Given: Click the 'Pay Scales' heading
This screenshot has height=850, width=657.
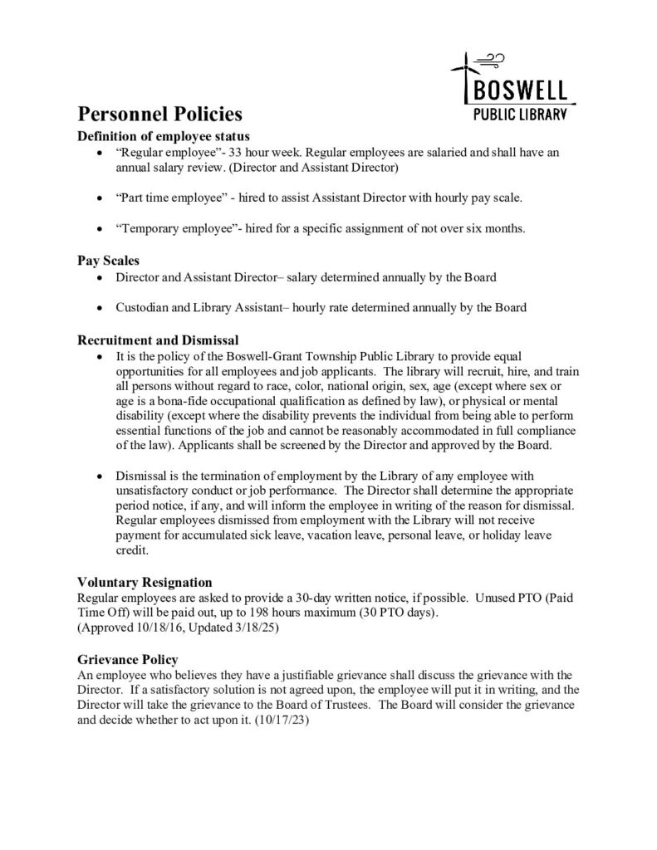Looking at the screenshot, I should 108,260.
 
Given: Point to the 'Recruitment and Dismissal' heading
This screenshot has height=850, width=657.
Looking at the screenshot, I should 158,340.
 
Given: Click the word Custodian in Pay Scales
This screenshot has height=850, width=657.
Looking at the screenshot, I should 144,307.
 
